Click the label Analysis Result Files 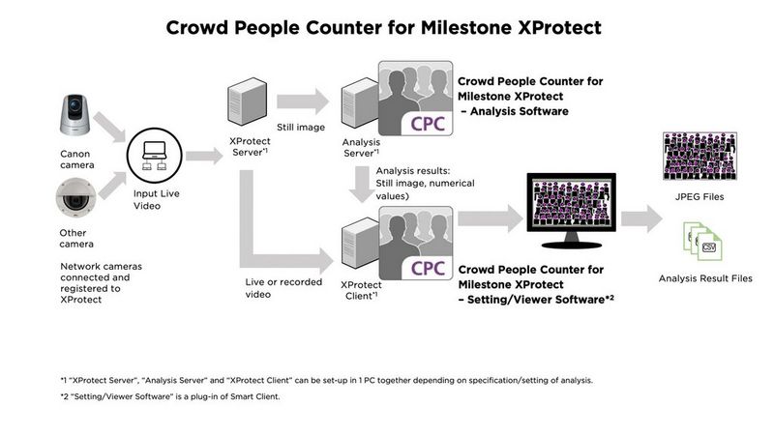704,278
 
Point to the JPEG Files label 704,196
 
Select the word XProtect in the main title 548,26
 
